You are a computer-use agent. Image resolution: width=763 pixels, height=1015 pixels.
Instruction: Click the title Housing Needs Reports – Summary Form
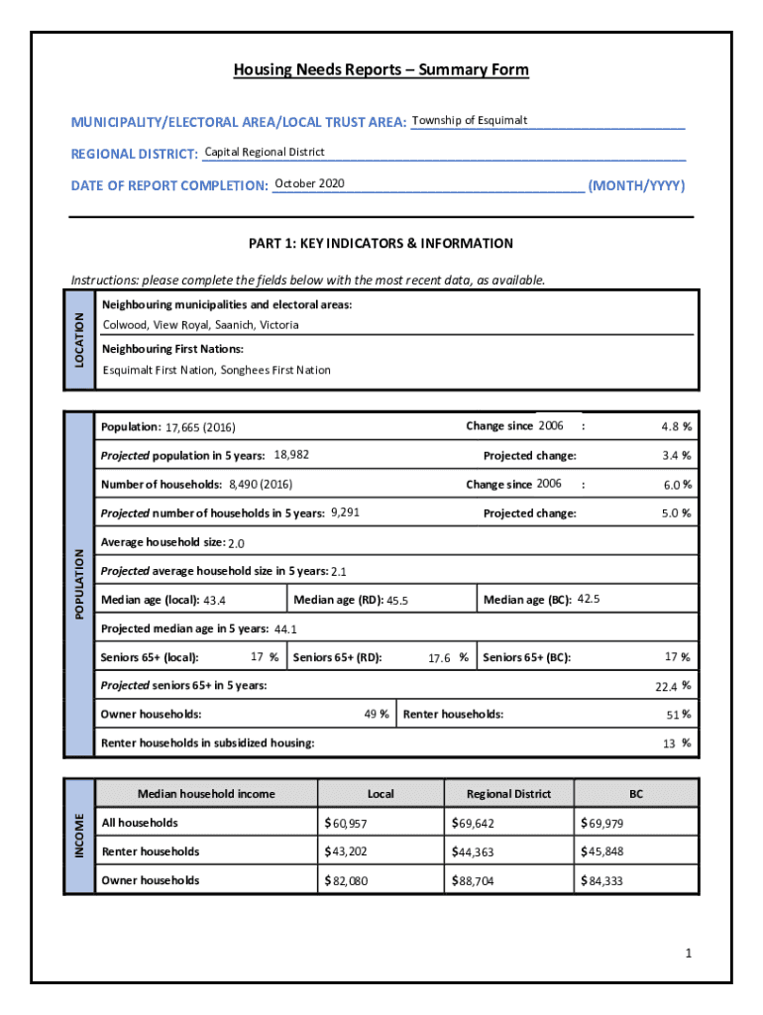point(381,70)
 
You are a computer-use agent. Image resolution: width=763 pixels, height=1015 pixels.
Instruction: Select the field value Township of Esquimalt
point(470,121)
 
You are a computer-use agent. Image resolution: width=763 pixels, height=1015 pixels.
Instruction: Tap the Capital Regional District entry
point(265,153)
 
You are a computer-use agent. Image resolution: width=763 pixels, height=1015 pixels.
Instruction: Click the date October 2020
point(309,184)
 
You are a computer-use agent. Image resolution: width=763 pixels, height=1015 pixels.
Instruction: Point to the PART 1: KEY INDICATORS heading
point(381,244)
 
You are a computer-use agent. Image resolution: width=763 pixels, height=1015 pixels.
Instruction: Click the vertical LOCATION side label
point(79,339)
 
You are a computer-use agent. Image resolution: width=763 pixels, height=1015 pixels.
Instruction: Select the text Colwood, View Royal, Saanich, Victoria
point(201,325)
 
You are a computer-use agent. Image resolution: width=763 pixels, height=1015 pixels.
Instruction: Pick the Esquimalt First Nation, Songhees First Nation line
point(217,371)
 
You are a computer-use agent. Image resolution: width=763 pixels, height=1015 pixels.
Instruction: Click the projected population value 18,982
point(291,455)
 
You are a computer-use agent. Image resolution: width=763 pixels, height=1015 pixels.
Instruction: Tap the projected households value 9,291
point(345,512)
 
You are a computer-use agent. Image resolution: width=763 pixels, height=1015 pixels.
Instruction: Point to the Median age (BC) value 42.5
point(589,600)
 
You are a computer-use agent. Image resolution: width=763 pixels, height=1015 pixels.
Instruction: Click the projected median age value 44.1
point(285,629)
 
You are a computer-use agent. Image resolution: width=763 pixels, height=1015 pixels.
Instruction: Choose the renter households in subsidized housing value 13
point(669,743)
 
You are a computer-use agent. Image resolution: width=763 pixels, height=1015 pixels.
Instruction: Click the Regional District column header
point(508,794)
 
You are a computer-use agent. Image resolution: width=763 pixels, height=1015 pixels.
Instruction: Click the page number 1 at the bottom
point(687,954)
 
